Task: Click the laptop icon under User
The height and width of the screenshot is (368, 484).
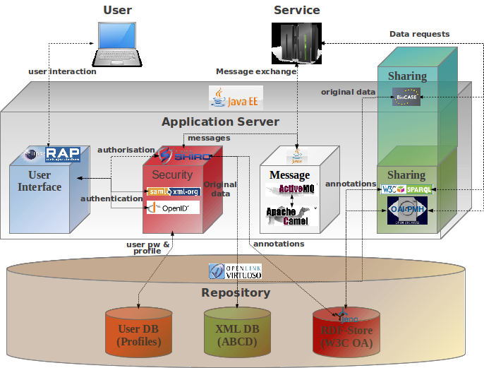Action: click(x=116, y=44)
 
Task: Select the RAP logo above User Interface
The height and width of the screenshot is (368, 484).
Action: click(x=56, y=154)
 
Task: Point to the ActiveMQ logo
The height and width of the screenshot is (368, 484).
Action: click(x=289, y=189)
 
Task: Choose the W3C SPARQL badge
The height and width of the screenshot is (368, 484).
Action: click(x=406, y=189)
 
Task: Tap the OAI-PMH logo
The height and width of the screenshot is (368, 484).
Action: click(x=407, y=209)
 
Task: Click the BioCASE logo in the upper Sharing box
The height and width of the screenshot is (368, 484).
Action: click(x=406, y=99)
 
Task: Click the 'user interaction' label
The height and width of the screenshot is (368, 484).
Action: click(x=62, y=71)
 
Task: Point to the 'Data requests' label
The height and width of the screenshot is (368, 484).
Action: click(x=419, y=34)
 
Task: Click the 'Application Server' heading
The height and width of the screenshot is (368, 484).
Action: click(x=220, y=121)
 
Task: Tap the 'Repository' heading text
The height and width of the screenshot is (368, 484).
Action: click(x=236, y=292)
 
